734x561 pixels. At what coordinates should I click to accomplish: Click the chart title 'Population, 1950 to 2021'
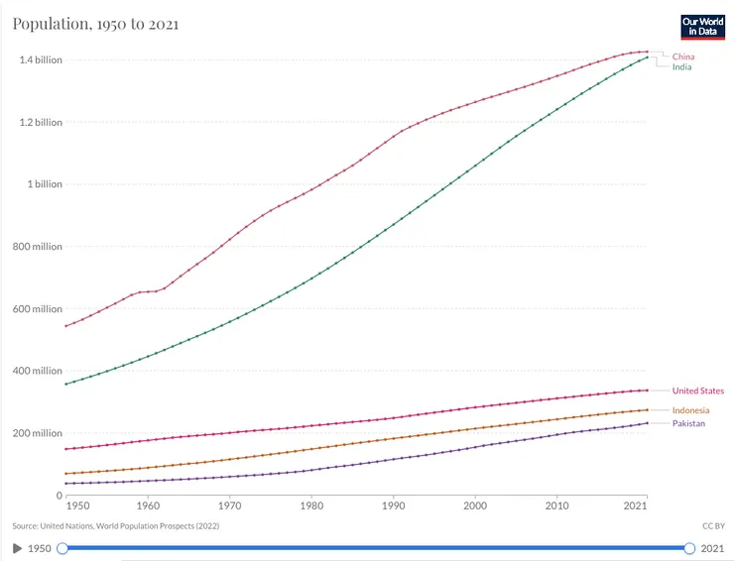[x=95, y=23]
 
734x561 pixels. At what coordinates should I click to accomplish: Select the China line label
[x=682, y=56]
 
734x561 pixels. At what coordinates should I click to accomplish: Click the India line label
[x=681, y=67]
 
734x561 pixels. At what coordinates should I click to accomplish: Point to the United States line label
[x=697, y=391]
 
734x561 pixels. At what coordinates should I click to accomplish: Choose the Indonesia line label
[x=690, y=410]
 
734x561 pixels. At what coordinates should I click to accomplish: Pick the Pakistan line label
[x=688, y=423]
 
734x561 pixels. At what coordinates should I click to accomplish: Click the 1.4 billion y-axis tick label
[x=41, y=60]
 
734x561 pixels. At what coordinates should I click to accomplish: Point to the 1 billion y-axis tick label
[x=45, y=184]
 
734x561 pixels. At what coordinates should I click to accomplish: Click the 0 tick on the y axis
[x=59, y=496]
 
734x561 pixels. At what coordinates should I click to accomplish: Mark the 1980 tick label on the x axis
[x=311, y=507]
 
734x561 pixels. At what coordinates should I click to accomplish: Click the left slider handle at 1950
[x=62, y=548]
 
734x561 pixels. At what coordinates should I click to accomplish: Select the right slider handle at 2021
[x=689, y=548]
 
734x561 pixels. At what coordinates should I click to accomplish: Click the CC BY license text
[x=713, y=525]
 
